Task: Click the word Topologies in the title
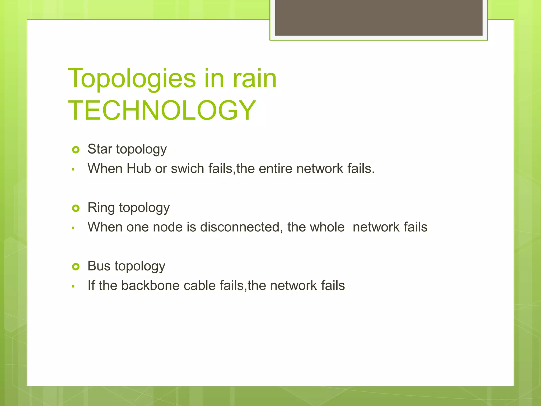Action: pos(132,79)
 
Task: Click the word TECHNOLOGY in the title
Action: pos(162,110)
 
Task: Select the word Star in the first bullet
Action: pos(100,149)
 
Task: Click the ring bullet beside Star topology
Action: pos(76,150)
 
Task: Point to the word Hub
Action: pos(138,169)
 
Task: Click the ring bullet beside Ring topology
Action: pos(76,208)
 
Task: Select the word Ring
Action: pos(101,207)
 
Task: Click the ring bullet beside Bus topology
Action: pos(76,267)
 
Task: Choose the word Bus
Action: pos(99,266)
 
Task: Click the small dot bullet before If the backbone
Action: pos(73,286)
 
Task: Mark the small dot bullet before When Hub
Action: pos(73,169)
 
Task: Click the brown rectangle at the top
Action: pos(379,17)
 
